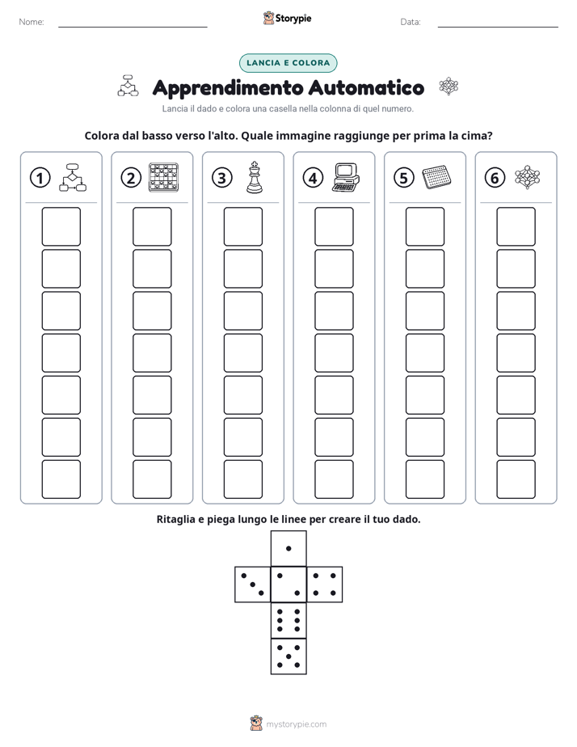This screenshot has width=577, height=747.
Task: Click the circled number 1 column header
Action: pos(40,178)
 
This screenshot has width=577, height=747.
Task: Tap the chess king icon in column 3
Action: pos(255,177)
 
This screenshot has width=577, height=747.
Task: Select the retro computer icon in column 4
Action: pos(346,177)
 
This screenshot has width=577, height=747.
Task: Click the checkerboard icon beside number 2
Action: pos(164,177)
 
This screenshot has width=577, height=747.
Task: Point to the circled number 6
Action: pos(495,178)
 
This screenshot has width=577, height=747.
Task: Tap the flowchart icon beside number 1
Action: pos(73,177)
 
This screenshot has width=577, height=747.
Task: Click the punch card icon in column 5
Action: pos(436,177)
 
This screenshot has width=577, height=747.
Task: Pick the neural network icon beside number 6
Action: pos(528,177)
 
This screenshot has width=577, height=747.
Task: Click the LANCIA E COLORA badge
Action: pos(288,63)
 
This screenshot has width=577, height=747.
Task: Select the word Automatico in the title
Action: pos(366,87)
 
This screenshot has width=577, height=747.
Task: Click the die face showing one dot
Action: pos(288,548)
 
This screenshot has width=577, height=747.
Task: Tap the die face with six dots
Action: pos(288,620)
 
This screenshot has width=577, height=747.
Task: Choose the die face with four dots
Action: pos(325,584)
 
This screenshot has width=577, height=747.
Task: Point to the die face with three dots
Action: pos(253,584)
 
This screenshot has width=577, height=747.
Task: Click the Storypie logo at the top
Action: pos(287,18)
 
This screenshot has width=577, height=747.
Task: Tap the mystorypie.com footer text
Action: pos(296,724)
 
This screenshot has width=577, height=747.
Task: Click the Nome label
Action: pos(32,22)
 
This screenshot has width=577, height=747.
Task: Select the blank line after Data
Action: pos(498,27)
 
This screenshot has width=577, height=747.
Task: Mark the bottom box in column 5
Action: pos(425,479)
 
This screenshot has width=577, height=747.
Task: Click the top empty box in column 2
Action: pos(152,226)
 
